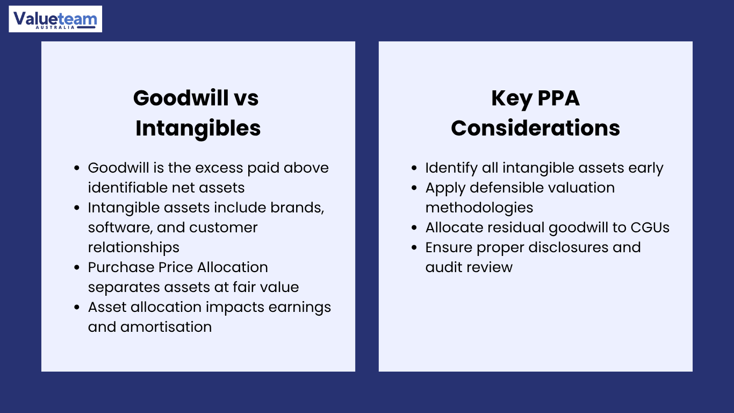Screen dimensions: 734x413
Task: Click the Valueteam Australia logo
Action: (55, 19)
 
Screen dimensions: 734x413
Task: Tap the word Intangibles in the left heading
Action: (198, 129)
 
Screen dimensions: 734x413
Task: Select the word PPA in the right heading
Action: (558, 98)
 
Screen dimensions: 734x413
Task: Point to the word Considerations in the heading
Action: (535, 128)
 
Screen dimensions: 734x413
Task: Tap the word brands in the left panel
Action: (297, 208)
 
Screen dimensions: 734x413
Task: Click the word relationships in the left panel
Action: (134, 248)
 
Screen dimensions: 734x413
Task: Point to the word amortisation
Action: (166, 327)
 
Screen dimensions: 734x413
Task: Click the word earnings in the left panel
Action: (299, 308)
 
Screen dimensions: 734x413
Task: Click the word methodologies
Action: (479, 208)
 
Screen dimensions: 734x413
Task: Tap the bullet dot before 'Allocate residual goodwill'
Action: (414, 227)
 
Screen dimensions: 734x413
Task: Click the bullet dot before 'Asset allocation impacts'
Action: (77, 308)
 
